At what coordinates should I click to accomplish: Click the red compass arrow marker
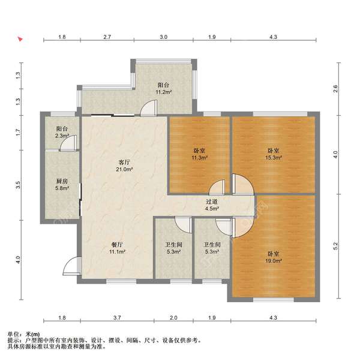point(20,38)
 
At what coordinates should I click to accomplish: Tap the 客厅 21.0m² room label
point(124,166)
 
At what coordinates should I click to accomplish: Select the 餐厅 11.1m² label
point(117,248)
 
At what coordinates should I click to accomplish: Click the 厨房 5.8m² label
point(62,185)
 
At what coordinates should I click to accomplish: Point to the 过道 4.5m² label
point(212,205)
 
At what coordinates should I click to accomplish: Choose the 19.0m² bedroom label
point(274,257)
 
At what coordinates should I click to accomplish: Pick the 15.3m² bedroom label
point(274,154)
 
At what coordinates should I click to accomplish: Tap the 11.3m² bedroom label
point(199,154)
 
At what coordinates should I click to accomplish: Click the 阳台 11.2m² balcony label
point(164,88)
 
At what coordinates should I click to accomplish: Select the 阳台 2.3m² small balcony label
point(62,132)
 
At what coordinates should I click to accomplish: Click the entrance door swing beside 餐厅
point(72,266)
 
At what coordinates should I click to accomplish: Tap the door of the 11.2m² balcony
point(149,108)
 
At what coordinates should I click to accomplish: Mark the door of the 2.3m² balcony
point(68,143)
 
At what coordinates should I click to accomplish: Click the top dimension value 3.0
point(164,37)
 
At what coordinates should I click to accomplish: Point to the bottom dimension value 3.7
point(117,318)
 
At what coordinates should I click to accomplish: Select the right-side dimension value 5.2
point(335,246)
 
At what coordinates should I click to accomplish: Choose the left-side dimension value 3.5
point(18,185)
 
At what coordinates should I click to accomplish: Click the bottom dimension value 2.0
point(173,318)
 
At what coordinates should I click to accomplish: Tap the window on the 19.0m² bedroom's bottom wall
point(274,299)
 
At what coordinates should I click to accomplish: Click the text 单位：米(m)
point(23,334)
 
